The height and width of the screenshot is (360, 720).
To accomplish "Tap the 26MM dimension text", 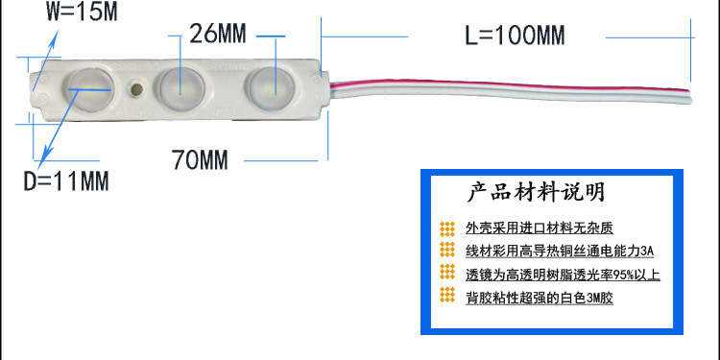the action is tap(218, 35).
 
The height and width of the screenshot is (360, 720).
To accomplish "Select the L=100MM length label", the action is tap(515, 36).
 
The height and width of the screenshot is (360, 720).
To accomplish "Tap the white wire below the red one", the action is tap(499, 97).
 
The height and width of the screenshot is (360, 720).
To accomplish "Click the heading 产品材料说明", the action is tap(536, 192).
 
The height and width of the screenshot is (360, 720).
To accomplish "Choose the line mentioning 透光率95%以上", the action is tap(563, 275).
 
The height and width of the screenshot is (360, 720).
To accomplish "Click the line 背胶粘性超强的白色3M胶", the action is tap(539, 298).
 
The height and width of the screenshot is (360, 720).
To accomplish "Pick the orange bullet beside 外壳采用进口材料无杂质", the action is tap(446, 228).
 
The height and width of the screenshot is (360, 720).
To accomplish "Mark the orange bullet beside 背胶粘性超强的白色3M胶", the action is tap(446, 297).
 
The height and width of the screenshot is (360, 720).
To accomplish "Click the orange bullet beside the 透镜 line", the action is tap(446, 274).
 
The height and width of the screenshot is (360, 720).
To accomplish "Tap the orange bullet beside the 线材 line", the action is tap(446, 251).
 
